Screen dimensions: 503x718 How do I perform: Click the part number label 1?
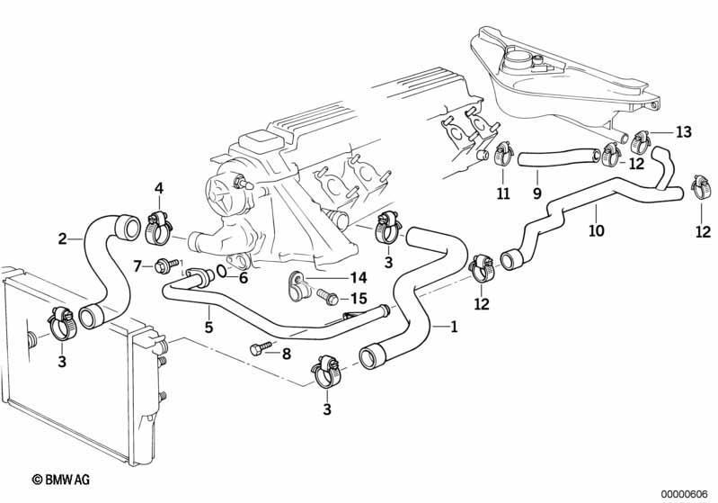pyautogui.click(x=454, y=328)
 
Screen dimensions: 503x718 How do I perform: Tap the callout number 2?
pyautogui.click(x=62, y=238)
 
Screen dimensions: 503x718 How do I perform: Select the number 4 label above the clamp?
pyautogui.click(x=159, y=189)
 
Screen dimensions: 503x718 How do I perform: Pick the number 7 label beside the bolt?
pyautogui.click(x=137, y=265)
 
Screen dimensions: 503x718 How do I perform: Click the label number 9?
pyautogui.click(x=536, y=193)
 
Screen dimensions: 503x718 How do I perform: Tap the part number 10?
pyautogui.click(x=596, y=230)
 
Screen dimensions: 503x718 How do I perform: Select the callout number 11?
pyautogui.click(x=502, y=193)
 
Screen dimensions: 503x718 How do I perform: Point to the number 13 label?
pyautogui.click(x=684, y=132)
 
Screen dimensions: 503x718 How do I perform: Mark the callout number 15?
pyautogui.click(x=358, y=298)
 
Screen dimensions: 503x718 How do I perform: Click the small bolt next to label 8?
pyautogui.click(x=259, y=349)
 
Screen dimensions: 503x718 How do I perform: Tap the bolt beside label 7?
pyautogui.click(x=165, y=265)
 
